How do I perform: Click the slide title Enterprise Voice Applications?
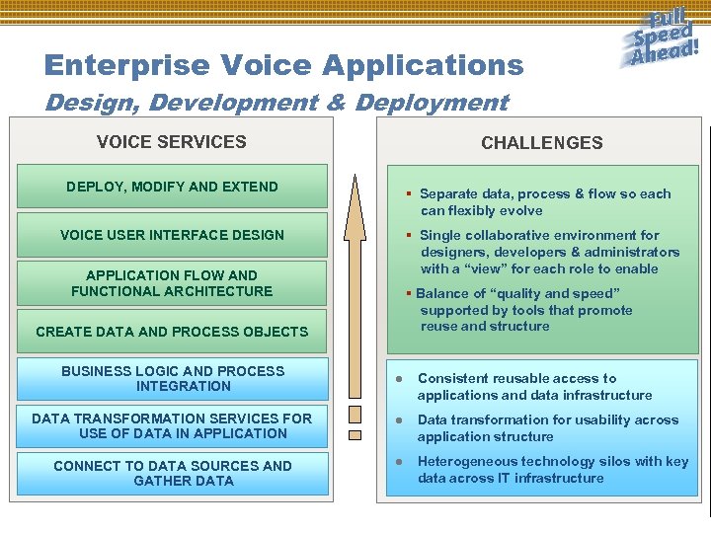[283, 66]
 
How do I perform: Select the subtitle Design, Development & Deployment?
[276, 103]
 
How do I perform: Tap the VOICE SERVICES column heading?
[171, 141]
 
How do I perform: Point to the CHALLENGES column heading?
[541, 142]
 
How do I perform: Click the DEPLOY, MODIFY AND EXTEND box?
[172, 187]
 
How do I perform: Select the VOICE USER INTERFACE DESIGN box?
[172, 235]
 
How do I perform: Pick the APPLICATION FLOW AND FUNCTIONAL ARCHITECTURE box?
[172, 283]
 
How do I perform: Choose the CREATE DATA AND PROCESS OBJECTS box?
[172, 332]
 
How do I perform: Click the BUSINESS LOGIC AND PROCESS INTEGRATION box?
[172, 379]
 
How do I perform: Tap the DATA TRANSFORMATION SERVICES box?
[172, 426]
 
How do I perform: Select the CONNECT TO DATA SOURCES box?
[172, 474]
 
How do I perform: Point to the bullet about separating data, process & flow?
[544, 202]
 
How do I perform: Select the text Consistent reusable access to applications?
[534, 387]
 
